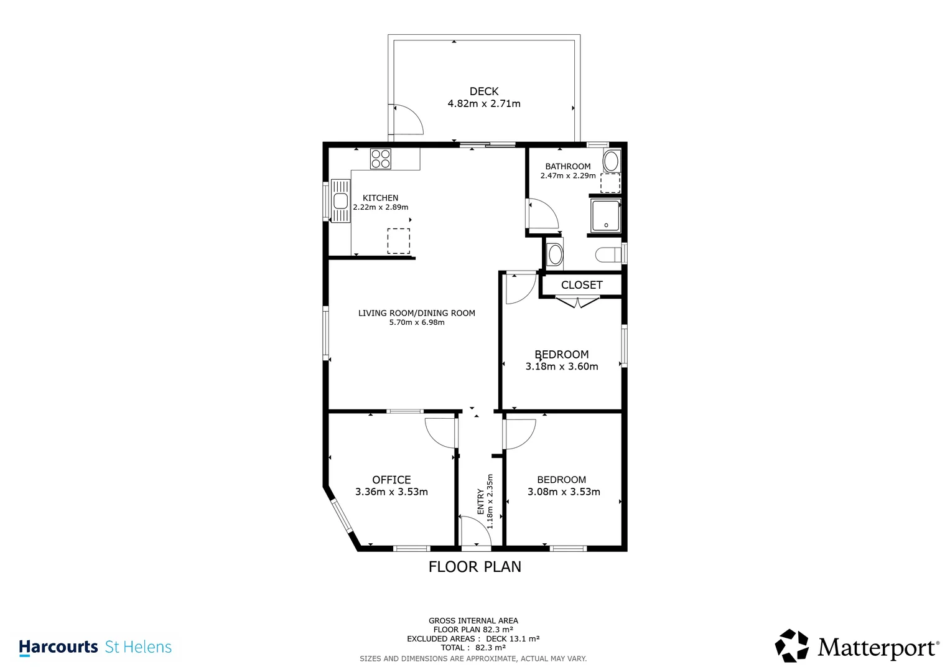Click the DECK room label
pyautogui.click(x=483, y=91)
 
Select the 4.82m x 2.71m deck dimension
pyautogui.click(x=483, y=104)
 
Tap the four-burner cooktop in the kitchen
pyautogui.click(x=381, y=159)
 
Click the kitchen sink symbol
pyautogui.click(x=340, y=201)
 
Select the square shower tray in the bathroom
pyautogui.click(x=605, y=215)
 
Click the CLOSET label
pyautogui.click(x=581, y=285)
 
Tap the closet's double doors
pyautogui.click(x=577, y=303)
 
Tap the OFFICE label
pyautogui.click(x=391, y=480)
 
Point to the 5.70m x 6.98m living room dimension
pyautogui.click(x=416, y=323)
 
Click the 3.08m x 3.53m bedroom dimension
pyautogui.click(x=564, y=492)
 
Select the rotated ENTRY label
pyautogui.click(x=480, y=502)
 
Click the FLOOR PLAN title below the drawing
pyautogui.click(x=475, y=567)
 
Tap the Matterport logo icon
pyautogui.click(x=791, y=646)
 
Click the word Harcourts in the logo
pyautogui.click(x=58, y=647)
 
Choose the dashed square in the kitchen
pyautogui.click(x=399, y=241)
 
